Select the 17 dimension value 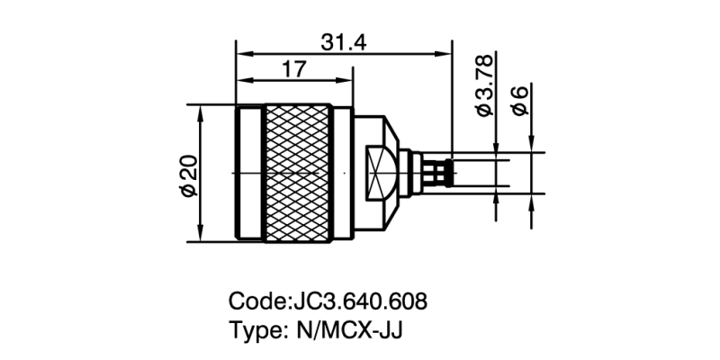pyautogui.click(x=294, y=69)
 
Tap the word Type pyautogui.click(x=256, y=329)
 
